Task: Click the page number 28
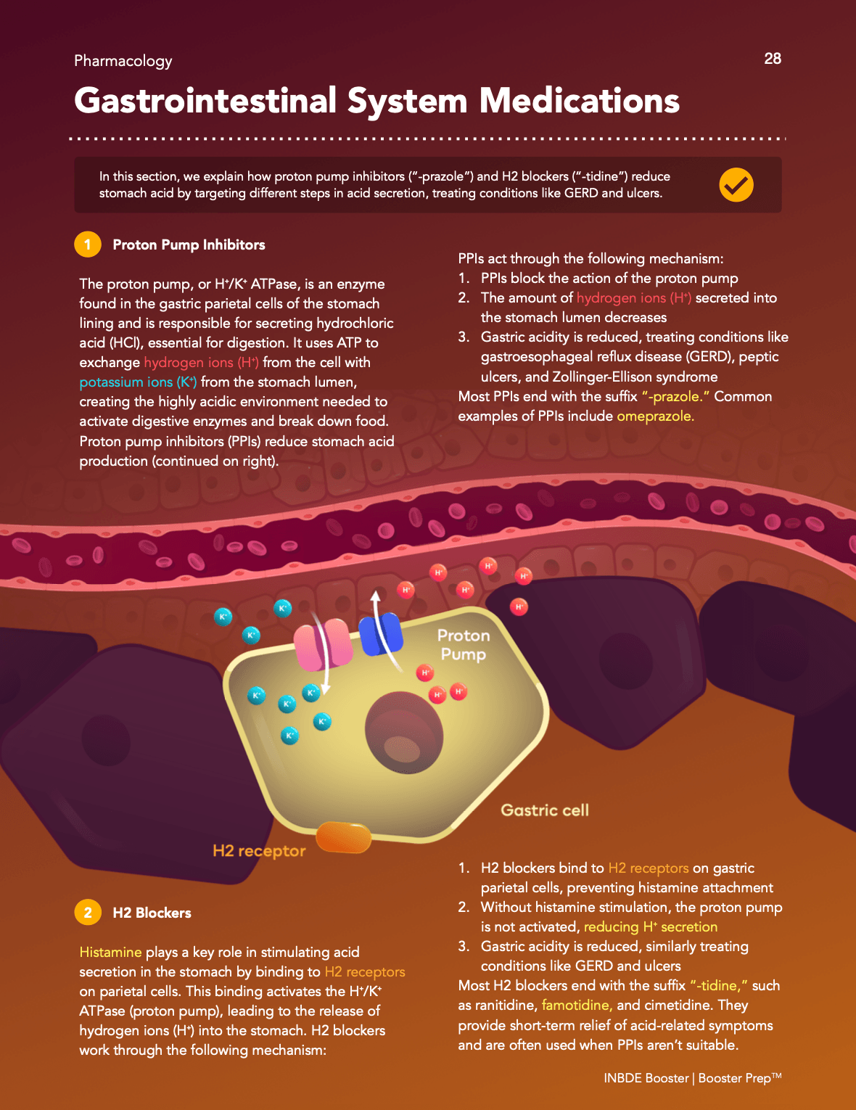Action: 773,59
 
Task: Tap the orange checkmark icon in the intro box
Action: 736,184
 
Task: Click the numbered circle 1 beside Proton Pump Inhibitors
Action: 87,244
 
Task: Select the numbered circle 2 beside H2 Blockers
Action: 87,913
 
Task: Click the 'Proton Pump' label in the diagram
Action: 464,645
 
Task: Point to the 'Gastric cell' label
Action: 545,810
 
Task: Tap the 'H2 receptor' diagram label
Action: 259,851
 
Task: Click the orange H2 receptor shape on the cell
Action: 343,837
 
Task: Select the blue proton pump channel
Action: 381,634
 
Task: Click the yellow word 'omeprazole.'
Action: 655,416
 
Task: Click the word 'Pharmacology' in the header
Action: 123,61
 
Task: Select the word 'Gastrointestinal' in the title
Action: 205,100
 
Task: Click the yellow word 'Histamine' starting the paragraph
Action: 110,952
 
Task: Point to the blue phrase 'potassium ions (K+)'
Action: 138,382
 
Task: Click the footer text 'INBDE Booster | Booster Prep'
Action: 693,1078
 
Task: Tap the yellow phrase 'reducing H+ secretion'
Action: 651,926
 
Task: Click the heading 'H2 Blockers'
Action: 152,913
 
